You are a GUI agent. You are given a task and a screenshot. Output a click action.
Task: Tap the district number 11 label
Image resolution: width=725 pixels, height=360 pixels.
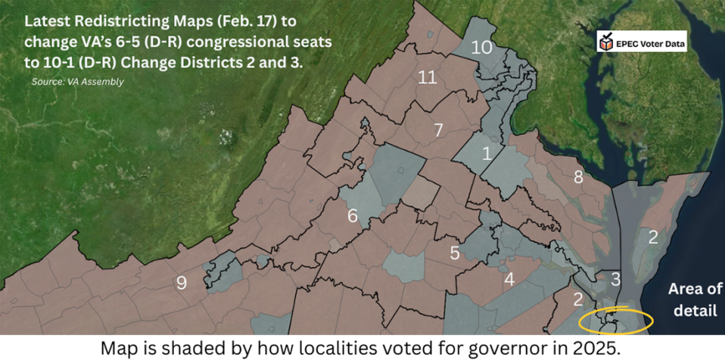coord(428,77)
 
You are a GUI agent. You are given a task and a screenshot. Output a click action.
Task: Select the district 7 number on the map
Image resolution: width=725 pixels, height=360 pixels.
coord(438,130)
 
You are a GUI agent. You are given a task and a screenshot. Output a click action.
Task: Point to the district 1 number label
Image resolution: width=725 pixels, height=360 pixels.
coord(487,154)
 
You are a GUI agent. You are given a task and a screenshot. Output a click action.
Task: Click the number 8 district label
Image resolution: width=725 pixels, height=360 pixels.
coord(578,178)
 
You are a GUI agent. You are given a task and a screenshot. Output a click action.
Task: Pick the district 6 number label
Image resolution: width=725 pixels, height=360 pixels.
coord(353,216)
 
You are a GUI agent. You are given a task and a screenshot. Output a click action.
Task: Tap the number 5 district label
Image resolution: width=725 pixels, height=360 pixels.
coord(455,253)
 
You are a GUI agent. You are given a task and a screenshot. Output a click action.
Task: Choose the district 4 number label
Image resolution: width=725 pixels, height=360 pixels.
coord(509,279)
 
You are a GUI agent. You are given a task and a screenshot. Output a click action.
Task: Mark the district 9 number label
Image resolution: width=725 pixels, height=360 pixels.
coord(182,283)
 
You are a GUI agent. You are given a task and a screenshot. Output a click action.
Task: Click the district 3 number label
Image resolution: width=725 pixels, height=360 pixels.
coord(616,279)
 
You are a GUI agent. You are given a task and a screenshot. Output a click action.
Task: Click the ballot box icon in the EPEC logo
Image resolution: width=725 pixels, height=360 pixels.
coord(606,44)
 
